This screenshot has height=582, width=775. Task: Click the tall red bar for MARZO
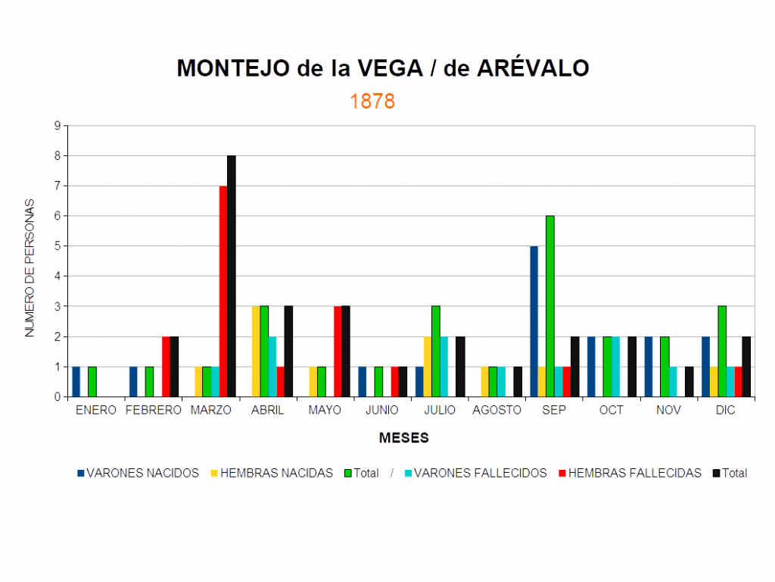coord(223,291)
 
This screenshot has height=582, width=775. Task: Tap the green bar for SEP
coord(550,306)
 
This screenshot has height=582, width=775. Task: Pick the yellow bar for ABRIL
coord(255,351)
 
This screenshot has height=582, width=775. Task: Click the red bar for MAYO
coord(338,351)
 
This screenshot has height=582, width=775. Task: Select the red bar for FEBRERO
coord(166,366)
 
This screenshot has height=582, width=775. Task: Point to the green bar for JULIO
coord(436,351)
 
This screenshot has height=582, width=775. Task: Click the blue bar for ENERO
coord(76,381)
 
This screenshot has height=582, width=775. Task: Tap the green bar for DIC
coord(722,351)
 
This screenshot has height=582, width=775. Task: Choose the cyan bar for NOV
coord(673,381)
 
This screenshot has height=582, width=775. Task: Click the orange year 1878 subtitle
coord(372,102)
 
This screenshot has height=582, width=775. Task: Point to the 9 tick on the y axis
coord(57,126)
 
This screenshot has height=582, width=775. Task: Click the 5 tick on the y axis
coord(57,246)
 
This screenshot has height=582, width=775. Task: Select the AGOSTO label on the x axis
coord(496,410)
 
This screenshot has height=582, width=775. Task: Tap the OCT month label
coord(611,410)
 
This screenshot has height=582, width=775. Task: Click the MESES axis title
coord(404,438)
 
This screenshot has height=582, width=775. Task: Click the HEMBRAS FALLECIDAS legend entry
coord(634,473)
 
